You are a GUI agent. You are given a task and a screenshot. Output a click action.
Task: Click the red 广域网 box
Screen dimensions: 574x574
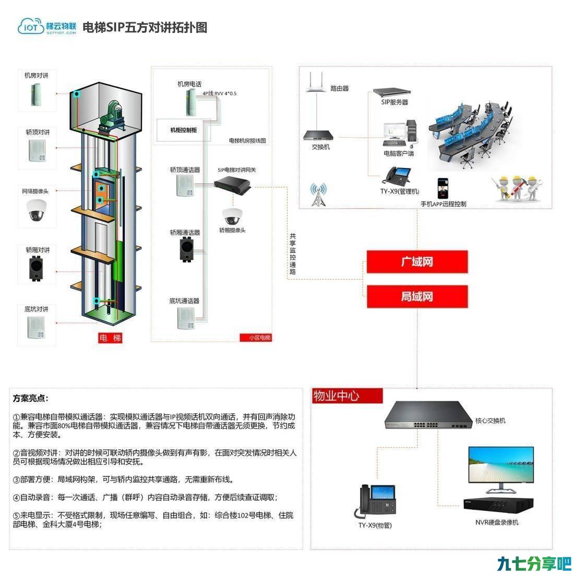(417, 261)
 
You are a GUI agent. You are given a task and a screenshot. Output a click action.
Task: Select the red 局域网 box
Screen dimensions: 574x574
(417, 296)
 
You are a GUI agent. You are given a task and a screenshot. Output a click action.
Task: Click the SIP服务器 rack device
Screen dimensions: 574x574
(391, 92)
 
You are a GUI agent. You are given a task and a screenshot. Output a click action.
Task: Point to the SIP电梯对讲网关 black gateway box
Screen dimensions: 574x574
(232, 184)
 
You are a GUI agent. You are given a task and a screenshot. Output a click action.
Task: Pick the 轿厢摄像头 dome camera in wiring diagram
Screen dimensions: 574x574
(232, 217)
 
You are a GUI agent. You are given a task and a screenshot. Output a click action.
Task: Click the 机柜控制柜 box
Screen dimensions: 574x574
(184, 130)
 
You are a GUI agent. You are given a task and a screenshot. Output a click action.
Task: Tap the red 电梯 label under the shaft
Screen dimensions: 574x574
(110, 338)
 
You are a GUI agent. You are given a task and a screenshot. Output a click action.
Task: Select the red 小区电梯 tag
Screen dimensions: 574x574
(256, 338)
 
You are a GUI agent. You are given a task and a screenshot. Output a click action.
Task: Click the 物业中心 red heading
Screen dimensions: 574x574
(346, 396)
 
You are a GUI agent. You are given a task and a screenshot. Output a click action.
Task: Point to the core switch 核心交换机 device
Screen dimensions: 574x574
(428, 415)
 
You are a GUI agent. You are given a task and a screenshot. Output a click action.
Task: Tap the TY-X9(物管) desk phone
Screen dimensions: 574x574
(375, 501)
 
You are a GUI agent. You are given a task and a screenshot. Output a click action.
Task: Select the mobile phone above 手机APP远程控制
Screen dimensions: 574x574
(443, 188)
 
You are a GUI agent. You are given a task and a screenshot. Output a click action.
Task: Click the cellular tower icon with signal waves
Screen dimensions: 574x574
(318, 195)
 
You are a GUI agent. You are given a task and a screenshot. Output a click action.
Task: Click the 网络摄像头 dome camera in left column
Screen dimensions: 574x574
(36, 210)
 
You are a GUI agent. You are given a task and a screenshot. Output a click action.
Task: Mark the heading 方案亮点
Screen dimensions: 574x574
(30, 398)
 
